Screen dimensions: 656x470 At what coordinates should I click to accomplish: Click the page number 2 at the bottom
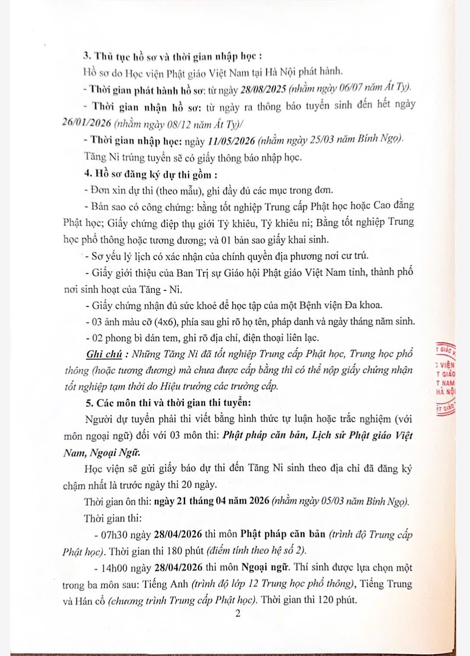[237, 614]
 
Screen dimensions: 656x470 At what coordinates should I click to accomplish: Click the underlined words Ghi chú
[104, 354]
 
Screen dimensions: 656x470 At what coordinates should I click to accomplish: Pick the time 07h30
[112, 534]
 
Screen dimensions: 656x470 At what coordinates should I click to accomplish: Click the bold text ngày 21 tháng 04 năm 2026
[211, 502]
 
